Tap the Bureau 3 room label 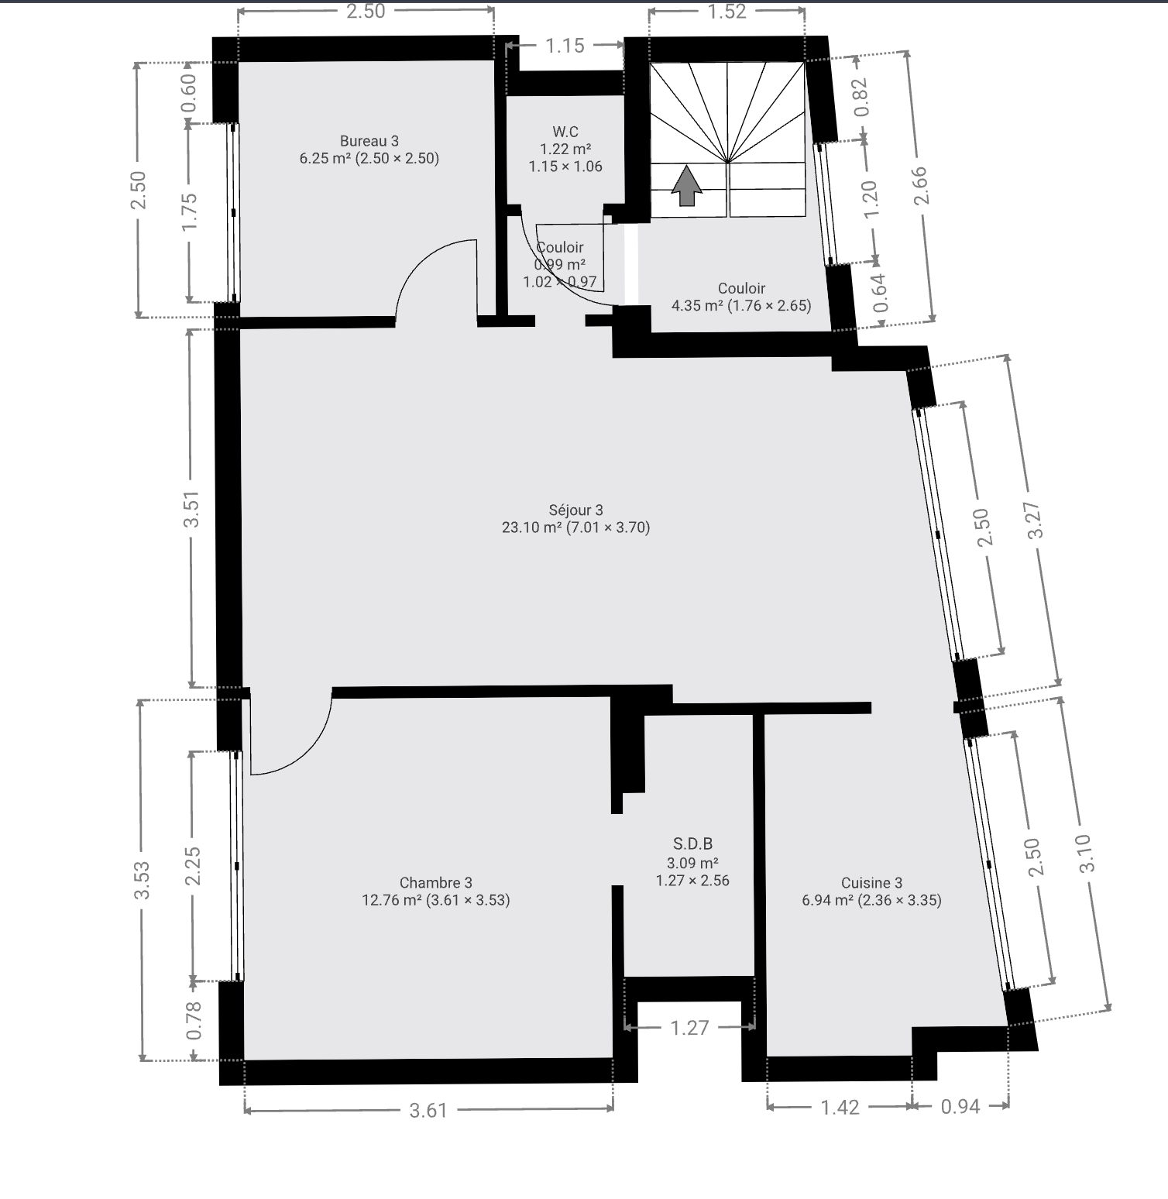pyautogui.click(x=369, y=141)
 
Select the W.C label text pyautogui.click(x=565, y=132)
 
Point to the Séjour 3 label pyautogui.click(x=575, y=510)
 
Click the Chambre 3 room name pyautogui.click(x=435, y=882)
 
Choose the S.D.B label pyautogui.click(x=692, y=843)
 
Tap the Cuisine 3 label pyautogui.click(x=871, y=882)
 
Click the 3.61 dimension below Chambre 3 pyautogui.click(x=428, y=1110)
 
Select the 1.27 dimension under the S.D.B pyautogui.click(x=689, y=1027)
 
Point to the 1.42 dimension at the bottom pyautogui.click(x=840, y=1107)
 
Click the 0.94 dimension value pyautogui.click(x=960, y=1107)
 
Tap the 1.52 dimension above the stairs pyautogui.click(x=727, y=11)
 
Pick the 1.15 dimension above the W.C pyautogui.click(x=565, y=46)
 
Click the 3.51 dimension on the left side pyautogui.click(x=193, y=509)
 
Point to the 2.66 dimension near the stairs pyautogui.click(x=921, y=186)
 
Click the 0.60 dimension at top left pyautogui.click(x=190, y=93)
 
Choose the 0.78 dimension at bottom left pyautogui.click(x=194, y=1021)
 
